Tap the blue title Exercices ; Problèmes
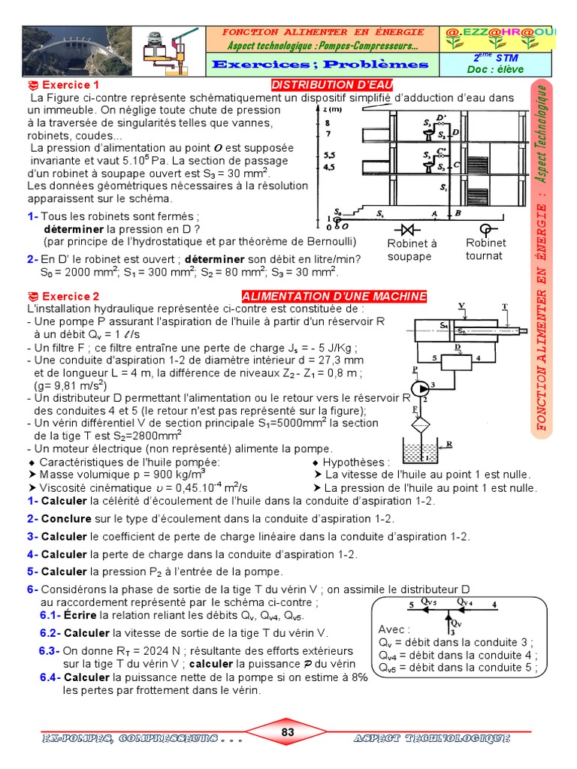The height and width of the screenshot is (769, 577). pyautogui.click(x=320, y=65)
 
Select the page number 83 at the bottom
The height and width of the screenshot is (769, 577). pyautogui.click(x=288, y=732)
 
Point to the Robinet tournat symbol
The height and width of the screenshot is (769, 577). pyautogui.click(x=485, y=228)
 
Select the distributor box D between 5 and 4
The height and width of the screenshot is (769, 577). pyautogui.click(x=458, y=362)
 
